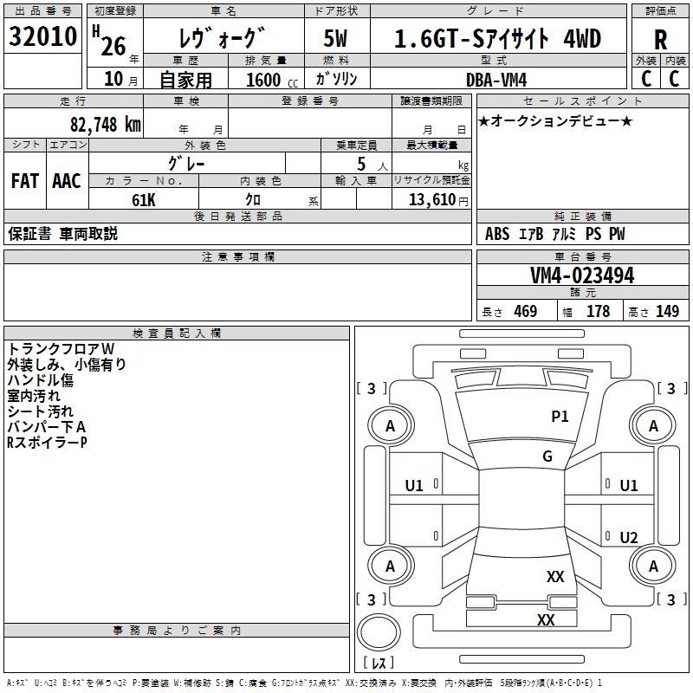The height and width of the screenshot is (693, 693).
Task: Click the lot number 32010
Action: pos(42,36)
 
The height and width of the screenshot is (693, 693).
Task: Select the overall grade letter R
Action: pos(660,40)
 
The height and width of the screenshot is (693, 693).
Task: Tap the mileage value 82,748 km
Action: pos(105,125)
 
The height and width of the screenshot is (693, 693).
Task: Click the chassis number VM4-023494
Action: pos(582,275)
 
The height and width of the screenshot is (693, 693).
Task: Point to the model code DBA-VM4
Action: pos(496,80)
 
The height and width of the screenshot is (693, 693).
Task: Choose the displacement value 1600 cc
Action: pos(272,81)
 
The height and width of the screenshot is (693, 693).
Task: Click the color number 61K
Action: pos(144,200)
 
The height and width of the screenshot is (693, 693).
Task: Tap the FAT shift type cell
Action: pos(25,181)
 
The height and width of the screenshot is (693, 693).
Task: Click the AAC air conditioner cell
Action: pos(67,181)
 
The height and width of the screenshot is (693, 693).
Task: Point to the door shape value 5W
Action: pos(335,38)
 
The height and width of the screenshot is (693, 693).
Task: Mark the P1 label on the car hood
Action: pos(560,417)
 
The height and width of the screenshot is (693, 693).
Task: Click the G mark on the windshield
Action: pos(547,457)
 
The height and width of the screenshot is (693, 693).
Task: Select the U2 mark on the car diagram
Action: pos(629,538)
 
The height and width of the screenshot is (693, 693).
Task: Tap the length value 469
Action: pos(526,312)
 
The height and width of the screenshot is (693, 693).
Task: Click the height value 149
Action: pos(667,312)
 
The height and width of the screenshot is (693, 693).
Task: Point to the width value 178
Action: pos(598,312)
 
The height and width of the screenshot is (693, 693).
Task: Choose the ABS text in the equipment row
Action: pos(497,234)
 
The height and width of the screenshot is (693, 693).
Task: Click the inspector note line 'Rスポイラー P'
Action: pos(47,443)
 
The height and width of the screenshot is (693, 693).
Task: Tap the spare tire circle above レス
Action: pos(379,632)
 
